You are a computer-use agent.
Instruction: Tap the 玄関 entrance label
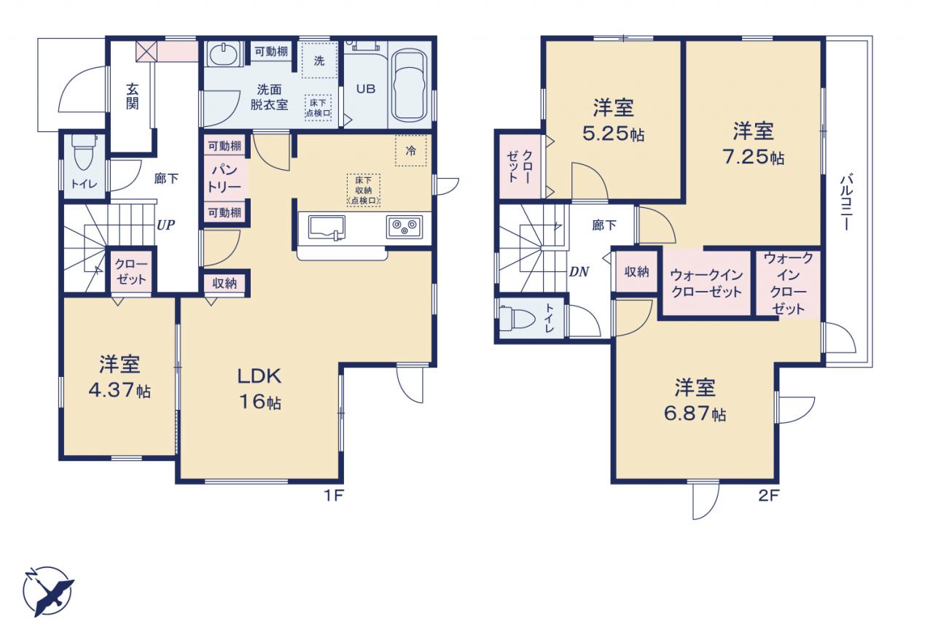133,97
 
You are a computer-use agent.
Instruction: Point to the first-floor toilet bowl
84,153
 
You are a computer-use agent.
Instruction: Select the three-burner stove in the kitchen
404,227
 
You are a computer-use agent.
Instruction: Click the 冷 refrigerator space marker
410,150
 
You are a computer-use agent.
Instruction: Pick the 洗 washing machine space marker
319,61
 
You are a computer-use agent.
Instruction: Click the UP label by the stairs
165,225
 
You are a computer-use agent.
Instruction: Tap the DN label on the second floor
579,272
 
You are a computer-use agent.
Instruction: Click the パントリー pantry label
224,179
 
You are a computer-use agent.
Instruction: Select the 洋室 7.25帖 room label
754,144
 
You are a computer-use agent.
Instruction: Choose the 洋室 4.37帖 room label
120,377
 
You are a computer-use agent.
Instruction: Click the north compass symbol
48,591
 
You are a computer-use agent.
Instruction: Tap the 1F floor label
334,495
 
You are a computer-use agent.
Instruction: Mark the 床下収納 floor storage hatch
364,190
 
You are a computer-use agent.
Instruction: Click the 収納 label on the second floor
636,272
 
